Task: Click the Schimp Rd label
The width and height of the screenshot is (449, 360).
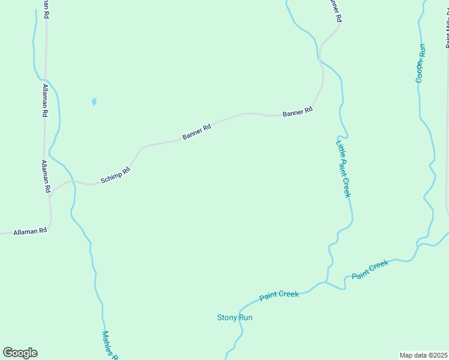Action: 116,175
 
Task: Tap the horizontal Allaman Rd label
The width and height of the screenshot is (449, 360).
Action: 30,231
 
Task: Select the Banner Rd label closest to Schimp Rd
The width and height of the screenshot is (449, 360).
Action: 197,132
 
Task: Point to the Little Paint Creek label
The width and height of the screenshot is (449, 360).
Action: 343,167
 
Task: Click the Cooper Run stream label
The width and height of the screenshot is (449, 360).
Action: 421,63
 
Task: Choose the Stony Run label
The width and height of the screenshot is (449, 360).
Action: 235,317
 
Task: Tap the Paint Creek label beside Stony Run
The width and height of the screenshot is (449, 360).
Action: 279,296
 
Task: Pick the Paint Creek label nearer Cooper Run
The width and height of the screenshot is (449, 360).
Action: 370,269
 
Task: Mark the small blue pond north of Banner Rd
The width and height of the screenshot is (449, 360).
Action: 94,101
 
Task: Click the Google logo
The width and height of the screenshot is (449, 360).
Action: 20,353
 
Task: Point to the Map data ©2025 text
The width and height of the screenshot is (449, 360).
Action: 423,355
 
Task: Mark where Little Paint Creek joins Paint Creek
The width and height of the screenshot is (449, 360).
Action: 326,282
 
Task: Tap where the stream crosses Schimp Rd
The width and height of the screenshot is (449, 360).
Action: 73,181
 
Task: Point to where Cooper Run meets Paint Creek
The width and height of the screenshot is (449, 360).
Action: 419,243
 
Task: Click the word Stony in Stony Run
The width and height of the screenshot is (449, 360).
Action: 226,317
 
